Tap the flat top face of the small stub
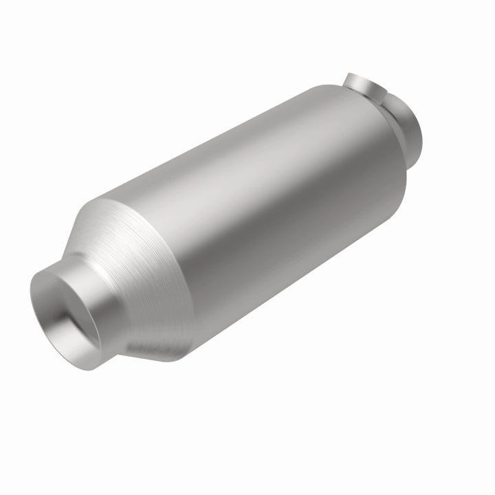pos(365,80)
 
